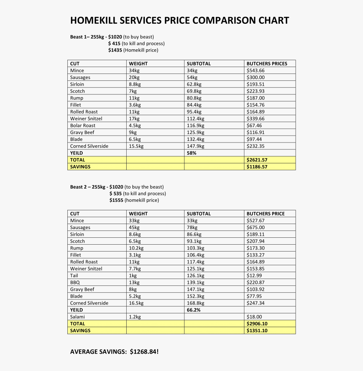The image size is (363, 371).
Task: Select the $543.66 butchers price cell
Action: pyautogui.click(x=255, y=71)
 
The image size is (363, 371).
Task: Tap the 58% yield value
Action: pyautogui.click(x=192, y=153)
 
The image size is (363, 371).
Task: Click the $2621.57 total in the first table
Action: pyautogui.click(x=257, y=160)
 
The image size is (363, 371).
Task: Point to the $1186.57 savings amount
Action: pyautogui.click(x=257, y=167)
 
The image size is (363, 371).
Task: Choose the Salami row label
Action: pyautogui.click(x=77, y=317)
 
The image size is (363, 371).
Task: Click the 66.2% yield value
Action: pyautogui.click(x=194, y=310)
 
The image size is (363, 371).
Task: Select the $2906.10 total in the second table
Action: pyautogui.click(x=257, y=324)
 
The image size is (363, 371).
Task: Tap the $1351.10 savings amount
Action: pyautogui.click(x=257, y=331)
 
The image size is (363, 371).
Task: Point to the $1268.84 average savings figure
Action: pyautogui.click(x=144, y=352)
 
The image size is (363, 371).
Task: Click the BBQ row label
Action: pyautogui.click(x=75, y=283)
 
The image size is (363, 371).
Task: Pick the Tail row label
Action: pyautogui.click(x=74, y=276)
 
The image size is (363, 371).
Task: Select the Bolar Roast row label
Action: pyautogui.click(x=83, y=126)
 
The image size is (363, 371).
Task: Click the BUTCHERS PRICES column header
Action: pyautogui.click(x=267, y=64)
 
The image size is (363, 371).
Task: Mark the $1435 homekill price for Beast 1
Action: pyautogui.click(x=115, y=50)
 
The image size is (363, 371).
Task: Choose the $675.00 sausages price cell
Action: pyautogui.click(x=255, y=228)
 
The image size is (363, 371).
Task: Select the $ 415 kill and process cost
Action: pyautogui.click(x=115, y=43)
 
